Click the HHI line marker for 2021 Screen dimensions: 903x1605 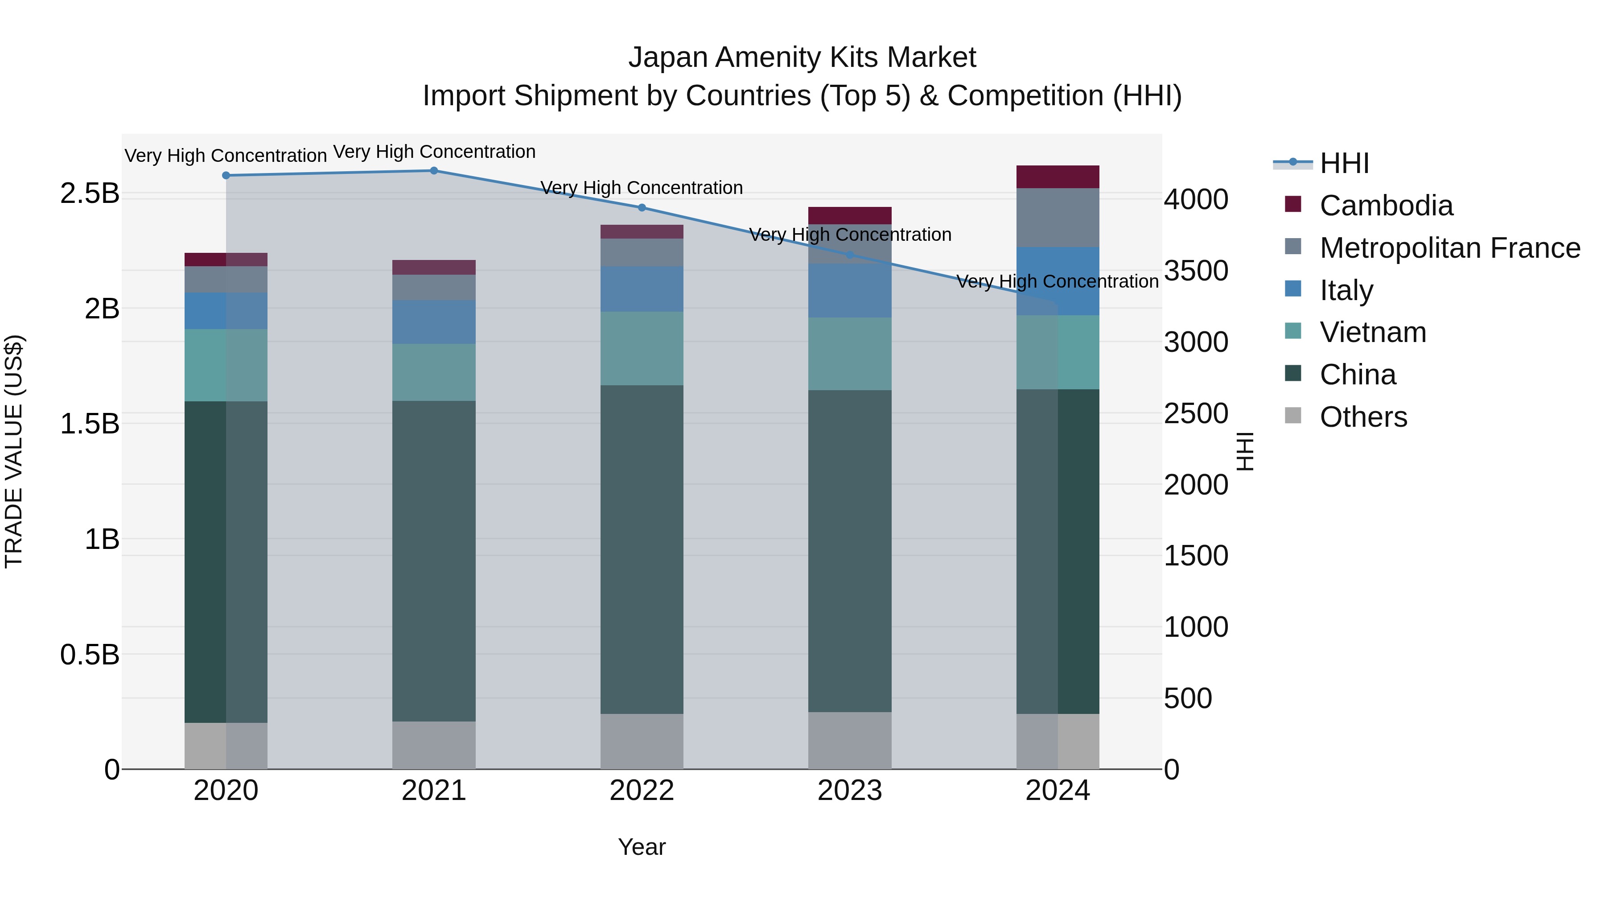tap(434, 171)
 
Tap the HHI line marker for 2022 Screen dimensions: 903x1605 tap(642, 207)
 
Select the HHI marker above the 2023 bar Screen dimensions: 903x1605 tap(850, 255)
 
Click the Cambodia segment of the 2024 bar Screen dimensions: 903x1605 tap(1058, 177)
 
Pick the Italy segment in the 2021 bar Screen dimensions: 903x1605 tap(434, 322)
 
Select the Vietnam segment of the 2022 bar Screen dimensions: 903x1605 tap(642, 348)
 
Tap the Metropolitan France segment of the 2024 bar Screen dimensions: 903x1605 tap(1058, 218)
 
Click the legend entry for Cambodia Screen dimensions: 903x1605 tap(1386, 206)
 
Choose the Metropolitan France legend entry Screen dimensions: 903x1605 tap(1449, 248)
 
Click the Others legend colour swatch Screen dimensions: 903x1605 tap(1293, 415)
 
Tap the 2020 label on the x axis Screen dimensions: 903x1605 tap(226, 791)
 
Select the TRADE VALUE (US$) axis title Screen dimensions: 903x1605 tap(14, 451)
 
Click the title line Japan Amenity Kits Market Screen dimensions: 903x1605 tap(802, 58)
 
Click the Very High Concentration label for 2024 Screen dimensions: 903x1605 tap(1058, 282)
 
